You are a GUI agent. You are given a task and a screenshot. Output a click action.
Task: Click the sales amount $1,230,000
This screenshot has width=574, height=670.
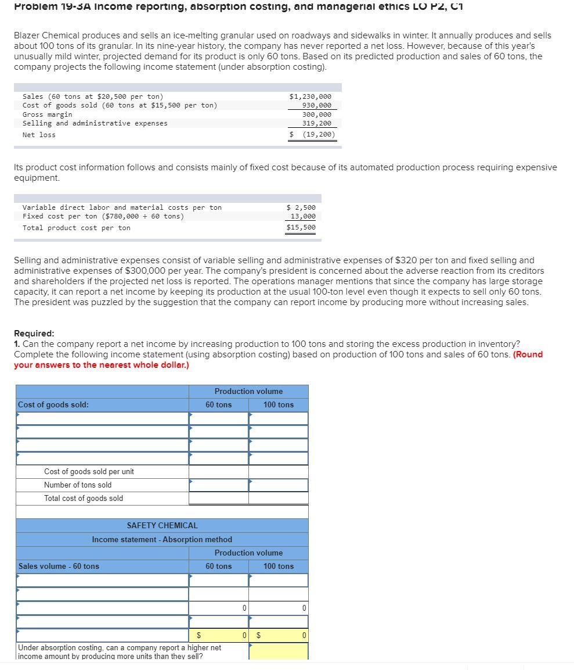[x=310, y=96]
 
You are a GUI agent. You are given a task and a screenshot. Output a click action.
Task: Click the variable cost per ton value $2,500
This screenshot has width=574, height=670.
[x=301, y=207]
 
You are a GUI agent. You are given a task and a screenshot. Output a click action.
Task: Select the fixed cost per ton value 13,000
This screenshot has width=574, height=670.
[x=303, y=216]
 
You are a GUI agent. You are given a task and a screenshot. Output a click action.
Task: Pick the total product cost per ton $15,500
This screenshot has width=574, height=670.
[x=301, y=228]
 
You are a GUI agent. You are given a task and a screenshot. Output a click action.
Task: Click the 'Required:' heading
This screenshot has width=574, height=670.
[x=34, y=334]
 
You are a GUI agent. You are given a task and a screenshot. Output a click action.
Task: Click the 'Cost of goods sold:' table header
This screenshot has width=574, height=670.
[x=53, y=405]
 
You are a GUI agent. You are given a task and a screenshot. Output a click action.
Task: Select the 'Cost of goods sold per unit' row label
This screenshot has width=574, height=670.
[x=89, y=471]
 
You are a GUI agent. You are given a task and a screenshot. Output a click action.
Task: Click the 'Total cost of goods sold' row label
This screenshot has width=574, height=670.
[x=84, y=498]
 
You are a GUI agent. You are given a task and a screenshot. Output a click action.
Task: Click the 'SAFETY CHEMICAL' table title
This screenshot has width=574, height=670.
[x=162, y=525]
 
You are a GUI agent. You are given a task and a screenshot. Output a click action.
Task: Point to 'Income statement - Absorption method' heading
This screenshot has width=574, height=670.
[x=162, y=540]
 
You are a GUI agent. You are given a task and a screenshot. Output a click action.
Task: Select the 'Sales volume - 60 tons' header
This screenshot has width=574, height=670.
[x=59, y=567]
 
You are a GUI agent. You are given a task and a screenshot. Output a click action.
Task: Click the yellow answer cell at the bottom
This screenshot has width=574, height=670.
[x=278, y=651]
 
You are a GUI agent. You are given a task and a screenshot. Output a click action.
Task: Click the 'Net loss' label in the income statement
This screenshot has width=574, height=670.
[x=39, y=135]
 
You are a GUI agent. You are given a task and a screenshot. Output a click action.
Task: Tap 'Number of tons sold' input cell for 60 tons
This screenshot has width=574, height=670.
[x=218, y=485]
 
